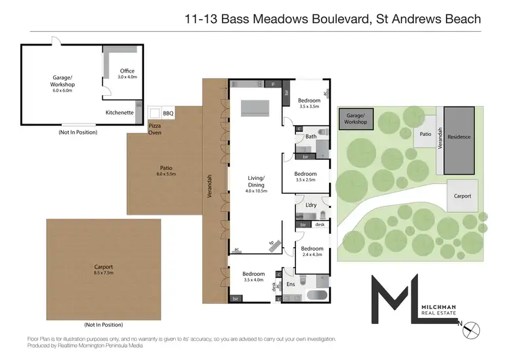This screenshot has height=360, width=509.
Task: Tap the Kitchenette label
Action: click(x=119, y=113)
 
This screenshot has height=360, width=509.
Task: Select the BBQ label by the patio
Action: click(x=168, y=114)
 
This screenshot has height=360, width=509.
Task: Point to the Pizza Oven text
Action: click(x=155, y=129)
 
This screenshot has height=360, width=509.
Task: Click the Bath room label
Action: click(x=311, y=137)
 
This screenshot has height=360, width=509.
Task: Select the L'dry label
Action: click(x=312, y=205)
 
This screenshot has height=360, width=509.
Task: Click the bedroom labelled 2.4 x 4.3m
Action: click(x=312, y=252)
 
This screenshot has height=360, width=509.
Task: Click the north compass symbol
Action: click(x=474, y=329)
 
